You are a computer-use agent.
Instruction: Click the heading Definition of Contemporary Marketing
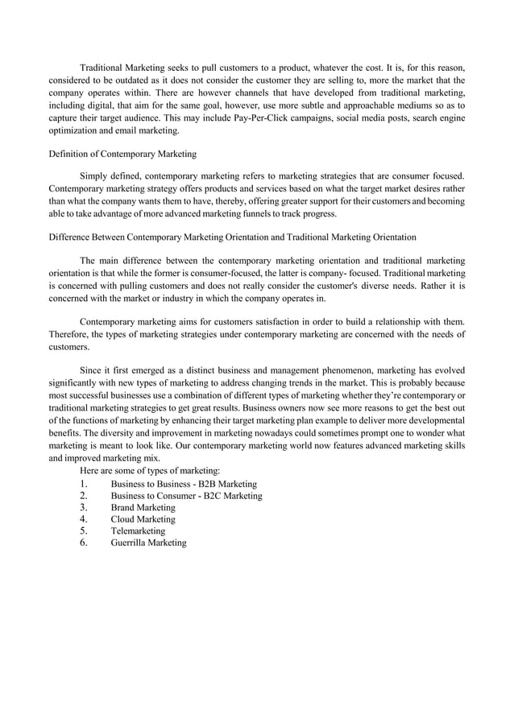pyautogui.click(x=123, y=153)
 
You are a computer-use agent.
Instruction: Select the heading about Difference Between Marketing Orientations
pyautogui.click(x=233, y=237)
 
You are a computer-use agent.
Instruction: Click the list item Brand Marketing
pyautogui.click(x=143, y=508)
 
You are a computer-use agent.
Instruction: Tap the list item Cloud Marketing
pyautogui.click(x=143, y=519)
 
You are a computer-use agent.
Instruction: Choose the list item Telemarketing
pyautogui.click(x=138, y=531)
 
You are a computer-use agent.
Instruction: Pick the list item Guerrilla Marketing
pyautogui.click(x=148, y=542)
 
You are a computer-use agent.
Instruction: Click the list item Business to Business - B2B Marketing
pyautogui.click(x=184, y=484)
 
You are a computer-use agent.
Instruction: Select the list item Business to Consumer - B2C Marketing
pyautogui.click(x=186, y=496)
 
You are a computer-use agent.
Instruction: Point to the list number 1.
pyautogui.click(x=84, y=484)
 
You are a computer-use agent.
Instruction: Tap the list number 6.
pyautogui.click(x=84, y=542)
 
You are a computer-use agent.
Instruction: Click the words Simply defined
pyautogui.click(x=109, y=175)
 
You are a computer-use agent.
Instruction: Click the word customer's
pyautogui.click(x=324, y=285)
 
